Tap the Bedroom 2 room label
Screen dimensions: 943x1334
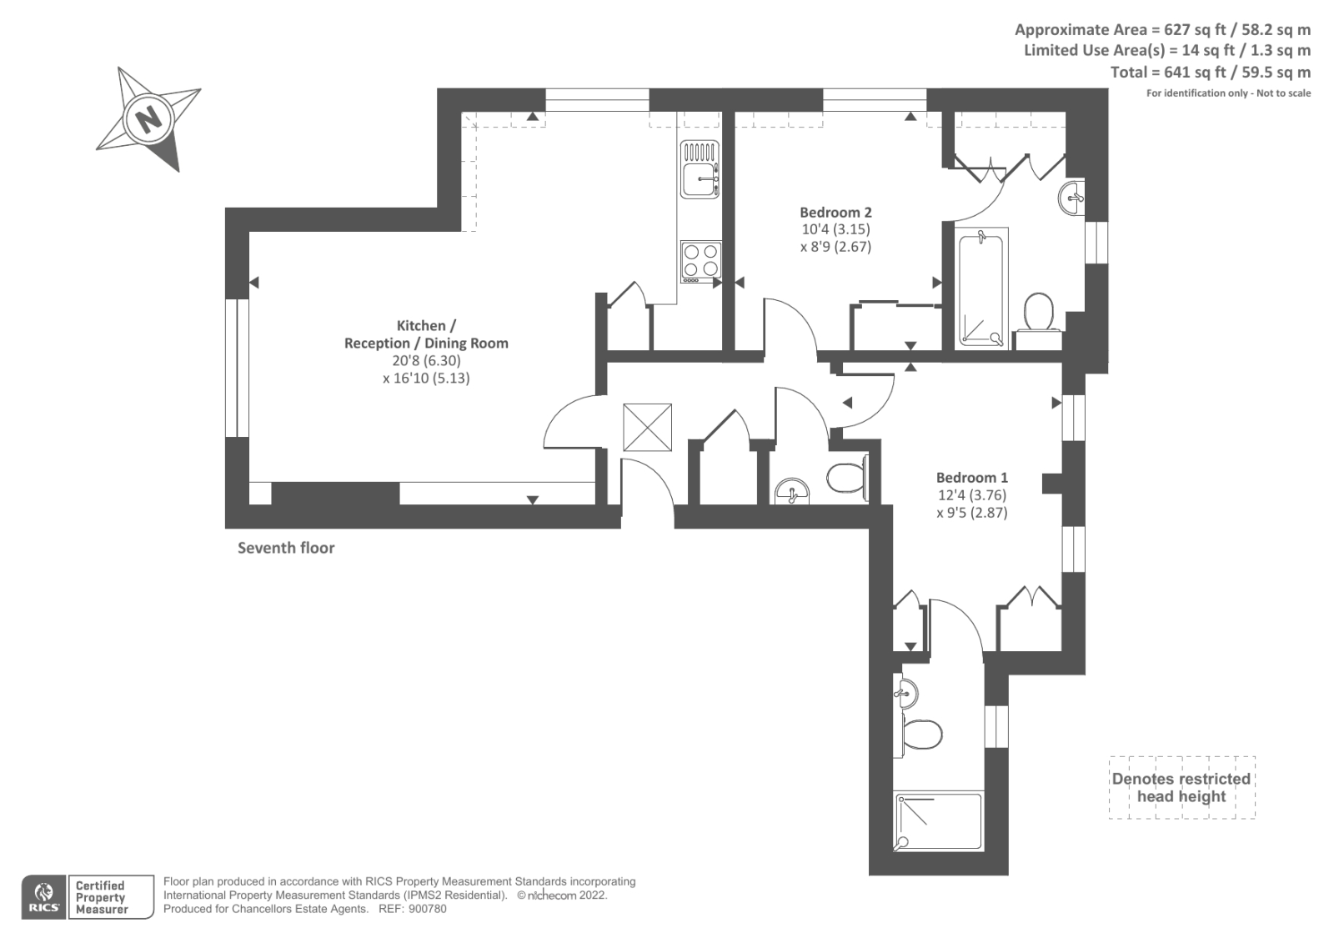[x=835, y=213]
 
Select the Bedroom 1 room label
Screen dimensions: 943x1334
[x=971, y=478]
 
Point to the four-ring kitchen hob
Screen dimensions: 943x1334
[x=700, y=259]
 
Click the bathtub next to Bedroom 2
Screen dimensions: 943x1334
[x=981, y=288]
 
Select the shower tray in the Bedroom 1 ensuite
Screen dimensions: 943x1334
[x=939, y=822]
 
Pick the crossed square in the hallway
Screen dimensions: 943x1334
[x=647, y=427]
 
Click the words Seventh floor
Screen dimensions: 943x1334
[x=286, y=548]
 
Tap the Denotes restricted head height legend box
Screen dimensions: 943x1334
[x=1181, y=787]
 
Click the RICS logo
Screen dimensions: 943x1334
[x=43, y=897]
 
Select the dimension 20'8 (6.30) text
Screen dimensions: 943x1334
[x=426, y=361]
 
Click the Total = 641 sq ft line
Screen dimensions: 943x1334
[x=1210, y=73]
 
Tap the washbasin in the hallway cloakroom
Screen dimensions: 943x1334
[x=790, y=492]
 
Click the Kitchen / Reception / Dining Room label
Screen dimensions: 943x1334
[x=426, y=334]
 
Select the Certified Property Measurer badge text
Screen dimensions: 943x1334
[x=101, y=897]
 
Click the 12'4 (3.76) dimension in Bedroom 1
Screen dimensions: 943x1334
[x=971, y=495]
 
